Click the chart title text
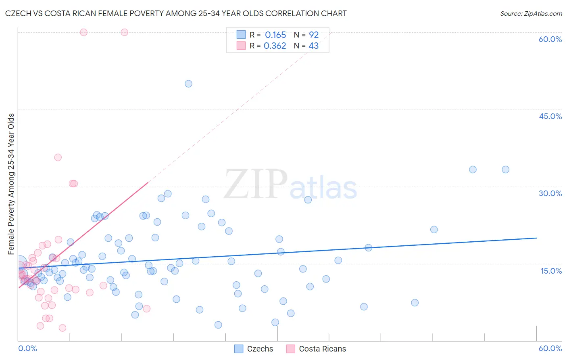[176, 13]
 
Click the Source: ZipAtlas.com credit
[531, 13]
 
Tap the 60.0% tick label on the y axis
[550, 39]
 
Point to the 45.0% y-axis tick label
[550, 116]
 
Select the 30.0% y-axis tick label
[550, 193]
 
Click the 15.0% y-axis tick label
[551, 271]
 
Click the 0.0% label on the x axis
[27, 348]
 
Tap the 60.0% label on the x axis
[550, 348]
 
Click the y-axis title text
[11, 184]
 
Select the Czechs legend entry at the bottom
[254, 349]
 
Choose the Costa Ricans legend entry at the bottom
[316, 349]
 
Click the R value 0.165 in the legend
[275, 35]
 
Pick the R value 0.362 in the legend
[275, 46]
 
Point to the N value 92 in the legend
[314, 35]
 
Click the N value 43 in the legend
[314, 46]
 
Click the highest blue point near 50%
[188, 84]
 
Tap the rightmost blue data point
[505, 170]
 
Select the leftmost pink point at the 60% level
[83, 32]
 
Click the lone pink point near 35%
[58, 157]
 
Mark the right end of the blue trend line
[536, 238]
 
